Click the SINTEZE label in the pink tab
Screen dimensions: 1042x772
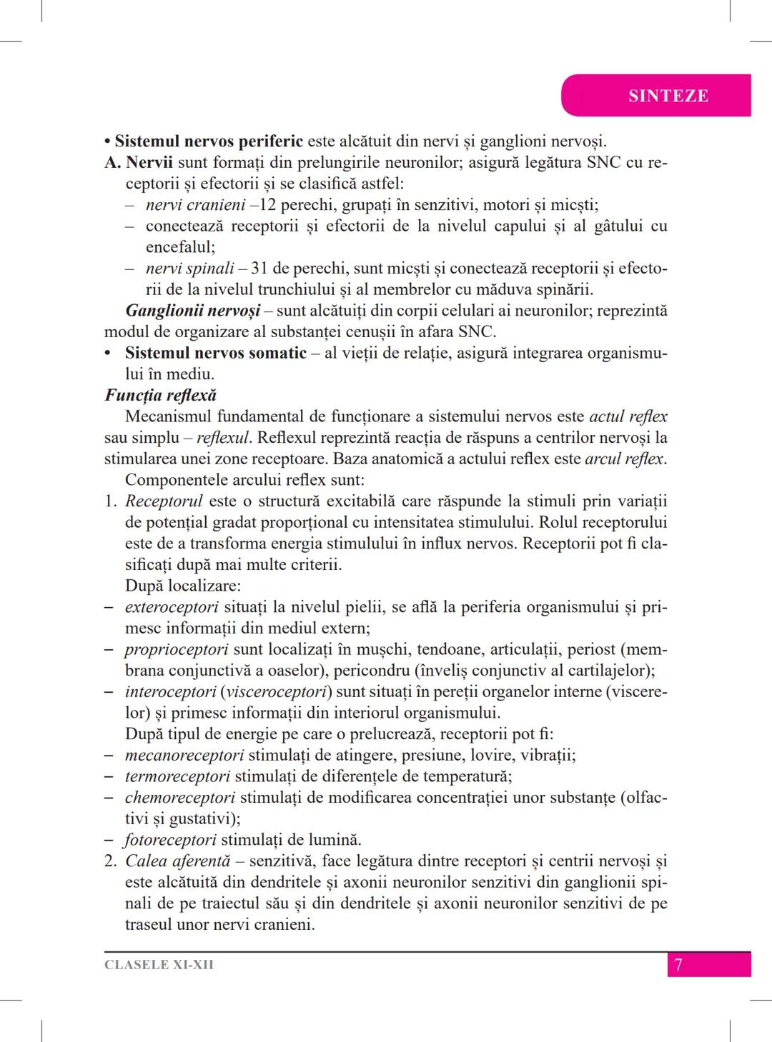[668, 96]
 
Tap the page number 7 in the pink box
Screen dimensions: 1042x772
[678, 965]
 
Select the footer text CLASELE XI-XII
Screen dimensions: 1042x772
[159, 965]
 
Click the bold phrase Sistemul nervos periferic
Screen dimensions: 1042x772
[209, 141]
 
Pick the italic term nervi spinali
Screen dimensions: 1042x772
[189, 269]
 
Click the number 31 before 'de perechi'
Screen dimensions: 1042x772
[259, 269]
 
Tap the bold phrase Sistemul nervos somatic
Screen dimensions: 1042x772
[215, 353]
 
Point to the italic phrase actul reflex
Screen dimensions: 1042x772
[628, 416]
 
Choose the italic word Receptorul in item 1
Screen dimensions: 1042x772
[164, 501]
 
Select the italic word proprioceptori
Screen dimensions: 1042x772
[177, 649]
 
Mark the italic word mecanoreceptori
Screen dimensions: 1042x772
[184, 755]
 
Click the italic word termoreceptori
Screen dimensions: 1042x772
[177, 776]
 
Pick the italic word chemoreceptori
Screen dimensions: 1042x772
[179, 797]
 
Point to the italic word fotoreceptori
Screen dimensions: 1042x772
[170, 840]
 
